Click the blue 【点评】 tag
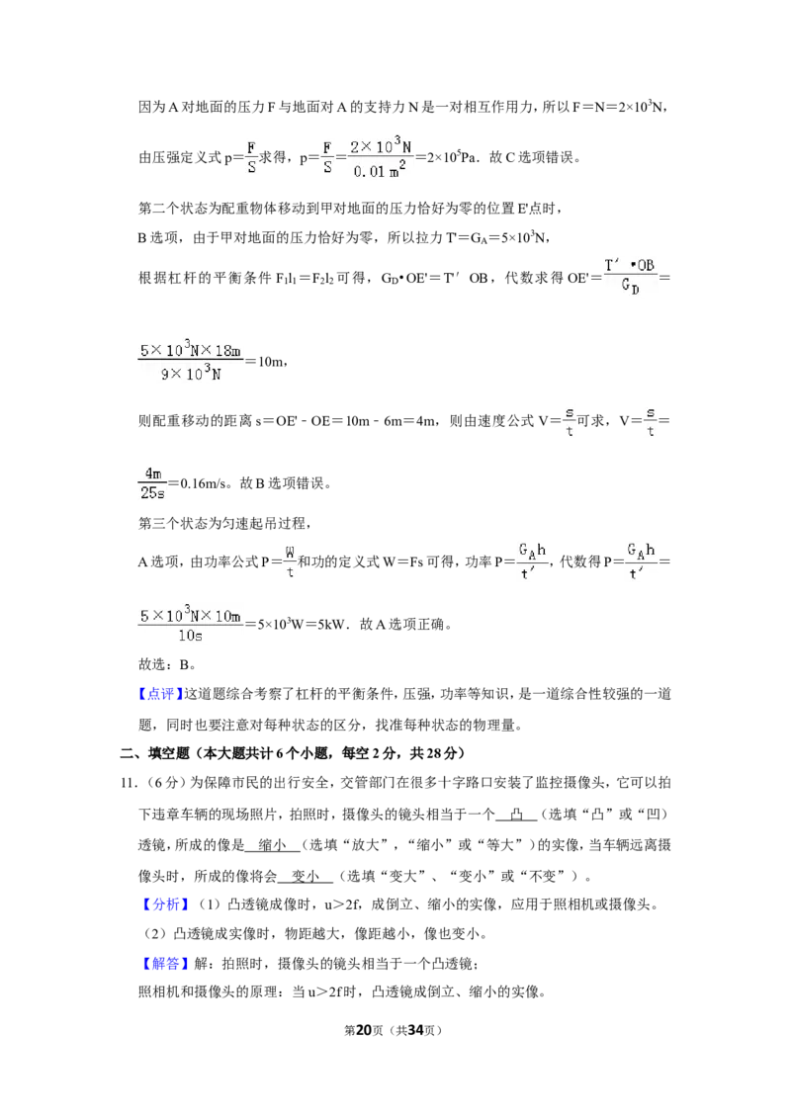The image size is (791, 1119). click(x=160, y=694)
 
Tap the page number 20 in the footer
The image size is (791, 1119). click(x=364, y=1030)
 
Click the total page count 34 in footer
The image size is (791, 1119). click(x=416, y=1030)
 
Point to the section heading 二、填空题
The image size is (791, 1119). click(x=154, y=753)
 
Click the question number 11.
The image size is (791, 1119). click(x=128, y=783)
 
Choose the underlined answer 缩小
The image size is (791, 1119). click(x=272, y=845)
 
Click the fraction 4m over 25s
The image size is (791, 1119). click(x=153, y=483)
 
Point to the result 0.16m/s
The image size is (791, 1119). click(x=203, y=483)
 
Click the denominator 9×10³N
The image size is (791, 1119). click(x=191, y=374)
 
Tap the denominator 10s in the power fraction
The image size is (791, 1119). click(x=191, y=636)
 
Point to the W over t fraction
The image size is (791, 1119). click(x=290, y=561)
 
